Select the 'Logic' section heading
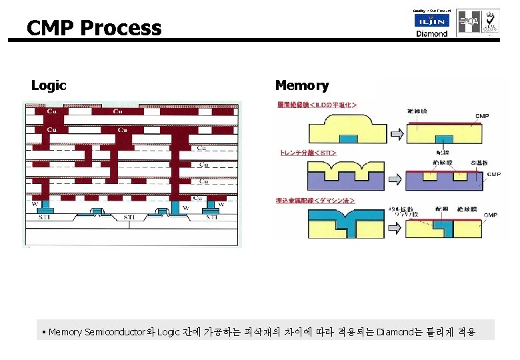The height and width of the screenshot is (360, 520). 49,85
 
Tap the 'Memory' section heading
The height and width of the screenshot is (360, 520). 302,85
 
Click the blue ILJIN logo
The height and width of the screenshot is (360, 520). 432,21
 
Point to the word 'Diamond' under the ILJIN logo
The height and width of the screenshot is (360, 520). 432,33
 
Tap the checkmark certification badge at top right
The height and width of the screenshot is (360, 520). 491,21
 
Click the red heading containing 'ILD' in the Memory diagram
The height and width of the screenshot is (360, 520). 317,105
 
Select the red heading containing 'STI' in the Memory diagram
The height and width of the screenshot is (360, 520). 307,153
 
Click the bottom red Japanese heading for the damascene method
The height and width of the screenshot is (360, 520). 315,200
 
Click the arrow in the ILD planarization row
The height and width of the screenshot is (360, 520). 395,134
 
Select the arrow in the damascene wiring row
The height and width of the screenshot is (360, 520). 395,226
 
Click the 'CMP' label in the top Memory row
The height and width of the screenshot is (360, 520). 481,116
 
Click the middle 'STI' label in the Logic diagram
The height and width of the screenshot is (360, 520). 129,217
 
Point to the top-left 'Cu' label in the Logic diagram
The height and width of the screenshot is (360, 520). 51,110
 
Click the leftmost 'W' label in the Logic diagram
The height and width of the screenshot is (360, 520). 34,203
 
